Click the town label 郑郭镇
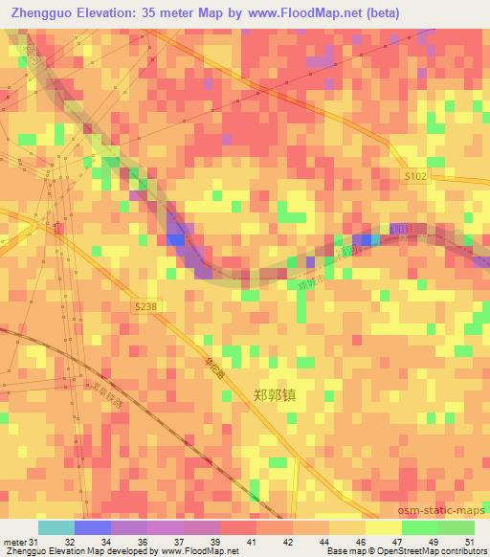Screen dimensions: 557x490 [x=277, y=394]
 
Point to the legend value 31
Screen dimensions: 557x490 [x=34, y=542]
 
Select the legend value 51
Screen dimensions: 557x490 [x=469, y=542]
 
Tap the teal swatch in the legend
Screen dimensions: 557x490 [x=56, y=527]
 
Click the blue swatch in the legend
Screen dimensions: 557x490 [x=92, y=527]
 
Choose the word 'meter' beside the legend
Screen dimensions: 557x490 [x=14, y=542]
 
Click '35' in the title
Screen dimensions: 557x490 [x=159, y=12]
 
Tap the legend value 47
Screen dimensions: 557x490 [x=395, y=542]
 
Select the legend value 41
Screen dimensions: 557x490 [x=250, y=542]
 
